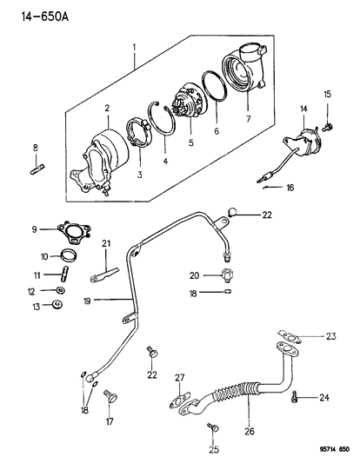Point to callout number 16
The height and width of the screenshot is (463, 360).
pyautogui.click(x=290, y=187)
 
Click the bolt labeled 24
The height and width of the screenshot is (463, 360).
pyautogui.click(x=297, y=398)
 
